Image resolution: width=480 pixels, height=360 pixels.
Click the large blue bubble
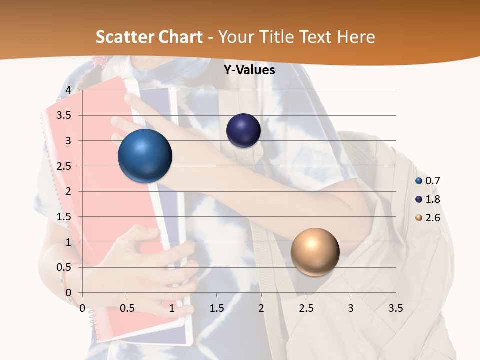145,156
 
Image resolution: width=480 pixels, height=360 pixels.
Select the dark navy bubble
243,130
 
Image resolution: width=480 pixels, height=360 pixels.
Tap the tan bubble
315,252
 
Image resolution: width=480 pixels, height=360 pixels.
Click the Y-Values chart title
249,70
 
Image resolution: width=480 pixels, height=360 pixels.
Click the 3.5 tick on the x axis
395,308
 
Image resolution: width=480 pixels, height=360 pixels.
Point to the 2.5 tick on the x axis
306,308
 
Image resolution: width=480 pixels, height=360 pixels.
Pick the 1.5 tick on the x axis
216,308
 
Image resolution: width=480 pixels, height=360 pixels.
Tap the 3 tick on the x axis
351,308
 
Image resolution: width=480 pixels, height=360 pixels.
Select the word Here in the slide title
356,37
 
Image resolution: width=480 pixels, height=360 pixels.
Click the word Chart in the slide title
180,37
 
